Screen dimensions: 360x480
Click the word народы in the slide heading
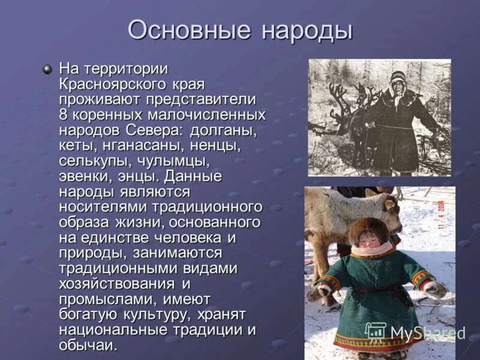click(305, 30)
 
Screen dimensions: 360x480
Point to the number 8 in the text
click(63, 113)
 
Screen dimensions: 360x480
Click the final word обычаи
click(88, 346)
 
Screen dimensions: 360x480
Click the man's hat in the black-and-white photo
click(397, 76)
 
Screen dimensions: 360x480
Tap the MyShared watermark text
click(427, 332)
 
